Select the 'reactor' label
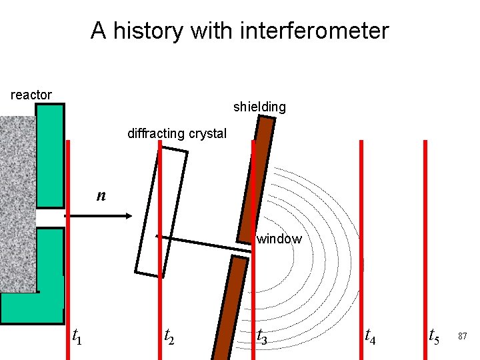click(x=31, y=95)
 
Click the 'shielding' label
click(x=259, y=107)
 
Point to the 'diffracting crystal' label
click(x=177, y=133)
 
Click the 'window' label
click(x=279, y=239)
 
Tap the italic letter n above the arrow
click(x=101, y=195)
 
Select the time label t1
click(x=77, y=337)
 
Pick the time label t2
click(x=170, y=337)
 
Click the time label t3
click(x=263, y=337)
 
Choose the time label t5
click(x=433, y=337)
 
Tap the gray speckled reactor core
click(x=17, y=200)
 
